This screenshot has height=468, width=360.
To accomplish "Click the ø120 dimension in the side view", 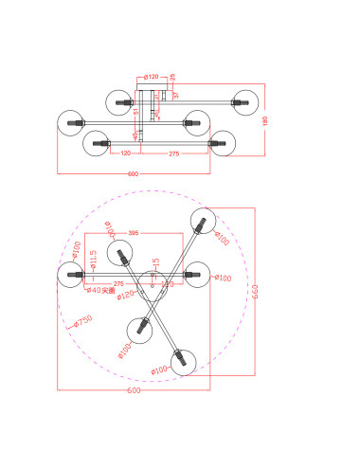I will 152,77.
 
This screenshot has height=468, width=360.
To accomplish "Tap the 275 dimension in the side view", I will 173,153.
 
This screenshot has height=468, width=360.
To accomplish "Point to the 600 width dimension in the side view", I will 133,173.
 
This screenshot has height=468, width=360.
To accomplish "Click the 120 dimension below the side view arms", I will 125,153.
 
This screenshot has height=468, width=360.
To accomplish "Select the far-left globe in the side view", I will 70,122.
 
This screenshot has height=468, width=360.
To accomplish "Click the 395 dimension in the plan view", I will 134,232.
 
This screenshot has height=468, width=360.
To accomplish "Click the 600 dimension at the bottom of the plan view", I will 134,389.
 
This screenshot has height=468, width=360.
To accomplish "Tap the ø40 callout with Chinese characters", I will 100,291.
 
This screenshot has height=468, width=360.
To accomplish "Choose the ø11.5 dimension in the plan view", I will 82,258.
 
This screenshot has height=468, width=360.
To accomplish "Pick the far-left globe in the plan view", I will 70,276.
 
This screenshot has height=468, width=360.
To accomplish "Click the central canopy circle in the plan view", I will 152,285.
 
